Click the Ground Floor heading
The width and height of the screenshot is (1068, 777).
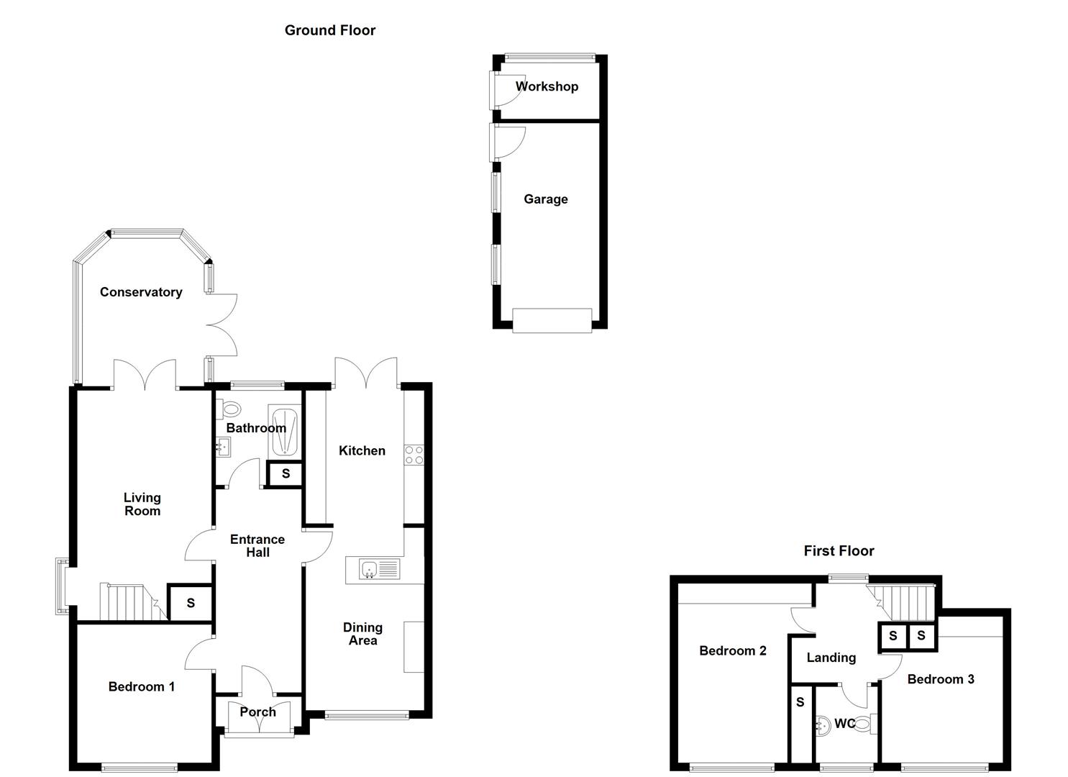tap(329, 30)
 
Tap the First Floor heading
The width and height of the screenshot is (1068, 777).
tap(839, 551)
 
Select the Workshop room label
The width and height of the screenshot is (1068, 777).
tap(547, 86)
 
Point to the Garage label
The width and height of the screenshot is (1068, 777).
tap(545, 199)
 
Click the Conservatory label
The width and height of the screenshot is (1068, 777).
tap(141, 292)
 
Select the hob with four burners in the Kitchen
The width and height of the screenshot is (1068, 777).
tap(414, 455)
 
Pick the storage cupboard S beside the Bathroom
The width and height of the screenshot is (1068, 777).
tap(286, 474)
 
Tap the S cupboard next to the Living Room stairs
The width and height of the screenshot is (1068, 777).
tap(190, 603)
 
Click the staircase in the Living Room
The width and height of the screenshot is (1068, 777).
tap(129, 601)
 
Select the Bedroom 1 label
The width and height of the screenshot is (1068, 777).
tap(141, 687)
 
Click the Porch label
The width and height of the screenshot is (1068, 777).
tap(257, 712)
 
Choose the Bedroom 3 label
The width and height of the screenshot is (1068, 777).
tap(940, 679)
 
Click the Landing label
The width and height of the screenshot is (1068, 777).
tap(831, 658)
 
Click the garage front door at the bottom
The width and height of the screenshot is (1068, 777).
tap(552, 320)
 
